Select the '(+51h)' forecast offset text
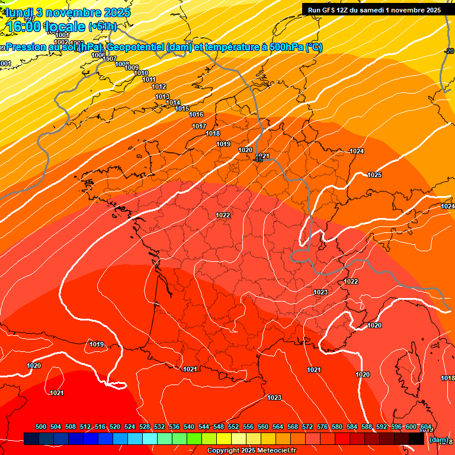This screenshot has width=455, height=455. tap(102, 26)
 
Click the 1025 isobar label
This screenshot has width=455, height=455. tap(374, 175)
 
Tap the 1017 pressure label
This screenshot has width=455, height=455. tap(199, 126)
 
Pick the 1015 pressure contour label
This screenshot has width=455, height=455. tap(182, 108)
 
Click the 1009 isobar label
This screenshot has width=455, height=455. tap(132, 68)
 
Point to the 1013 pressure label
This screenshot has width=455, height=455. tap(162, 97)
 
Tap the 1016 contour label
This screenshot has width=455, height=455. tap(196, 114)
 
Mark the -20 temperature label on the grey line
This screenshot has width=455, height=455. tap(450, 52)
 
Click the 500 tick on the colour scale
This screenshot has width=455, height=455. tap(41, 427)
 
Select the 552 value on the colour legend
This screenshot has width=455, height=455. tap(233, 427)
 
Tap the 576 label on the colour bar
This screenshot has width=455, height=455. tap(322, 427)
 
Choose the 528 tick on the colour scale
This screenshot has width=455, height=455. tap(145, 427)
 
